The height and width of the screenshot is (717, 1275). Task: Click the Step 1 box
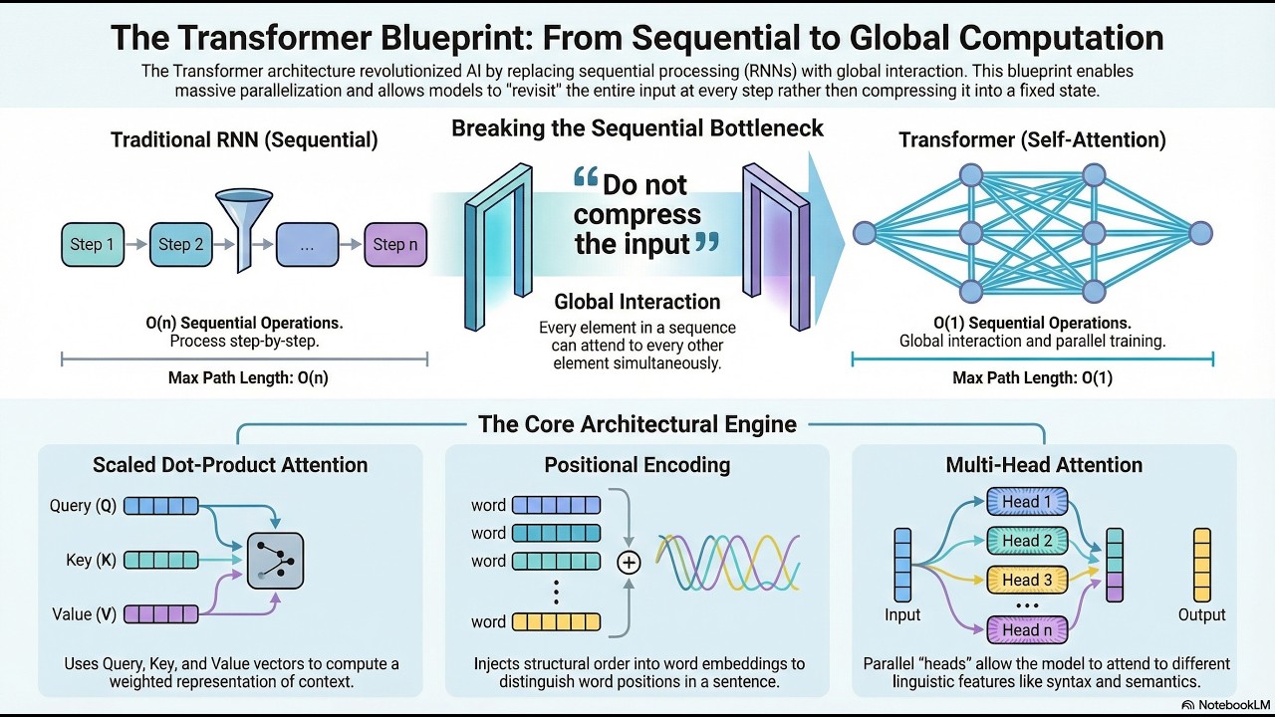[x=93, y=245]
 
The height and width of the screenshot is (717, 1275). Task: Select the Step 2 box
[x=181, y=245]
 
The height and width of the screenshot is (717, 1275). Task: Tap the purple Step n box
[x=395, y=245]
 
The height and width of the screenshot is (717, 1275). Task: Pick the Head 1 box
[x=1027, y=501]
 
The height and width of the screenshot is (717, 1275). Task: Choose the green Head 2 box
[x=1027, y=541]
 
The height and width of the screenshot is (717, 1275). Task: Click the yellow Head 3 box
[x=1027, y=580]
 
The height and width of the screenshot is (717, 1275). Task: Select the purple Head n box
[x=1027, y=630]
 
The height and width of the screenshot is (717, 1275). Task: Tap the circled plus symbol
[x=629, y=563]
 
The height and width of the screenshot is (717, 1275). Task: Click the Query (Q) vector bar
[x=161, y=506]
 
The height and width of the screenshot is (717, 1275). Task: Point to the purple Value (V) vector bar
[x=161, y=614]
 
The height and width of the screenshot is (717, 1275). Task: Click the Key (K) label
[x=91, y=560]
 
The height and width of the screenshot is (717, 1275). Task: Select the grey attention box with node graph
[x=276, y=561]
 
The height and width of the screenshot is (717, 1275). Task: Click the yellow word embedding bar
[x=556, y=622]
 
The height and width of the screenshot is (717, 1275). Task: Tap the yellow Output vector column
[x=1202, y=565]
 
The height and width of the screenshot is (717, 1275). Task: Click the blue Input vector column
[x=902, y=565]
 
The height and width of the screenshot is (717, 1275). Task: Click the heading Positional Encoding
[x=637, y=465]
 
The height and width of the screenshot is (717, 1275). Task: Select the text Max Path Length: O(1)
[x=1033, y=377]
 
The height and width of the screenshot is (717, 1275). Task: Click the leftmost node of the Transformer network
[x=865, y=233]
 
